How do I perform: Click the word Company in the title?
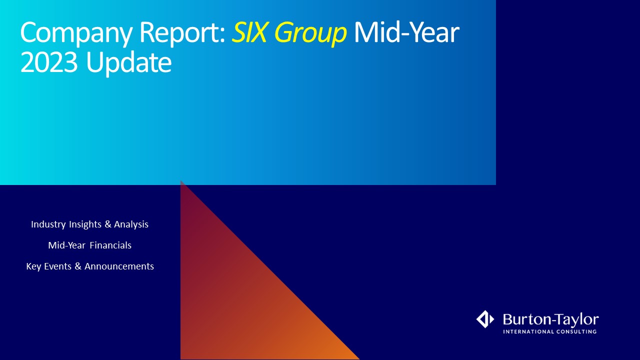(x=76, y=33)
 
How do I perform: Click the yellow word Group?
(x=310, y=33)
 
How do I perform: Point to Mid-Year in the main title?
(x=406, y=32)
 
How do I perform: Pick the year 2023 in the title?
(x=49, y=62)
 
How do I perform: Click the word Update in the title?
(x=129, y=64)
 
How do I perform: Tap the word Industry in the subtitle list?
(x=48, y=224)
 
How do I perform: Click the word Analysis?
(x=131, y=224)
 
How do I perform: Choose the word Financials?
(x=110, y=245)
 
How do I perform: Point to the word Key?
(x=33, y=266)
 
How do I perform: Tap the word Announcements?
(x=119, y=266)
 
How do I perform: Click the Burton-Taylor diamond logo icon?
(x=485, y=319)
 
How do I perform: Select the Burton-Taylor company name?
(x=551, y=319)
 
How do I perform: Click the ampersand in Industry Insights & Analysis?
(x=107, y=224)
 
